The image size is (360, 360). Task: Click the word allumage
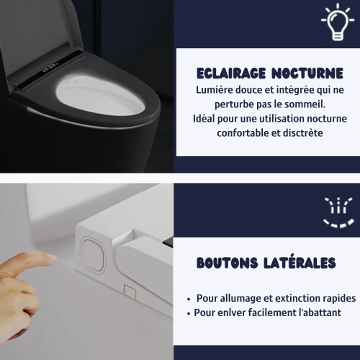pyautogui.click(x=241, y=298)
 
